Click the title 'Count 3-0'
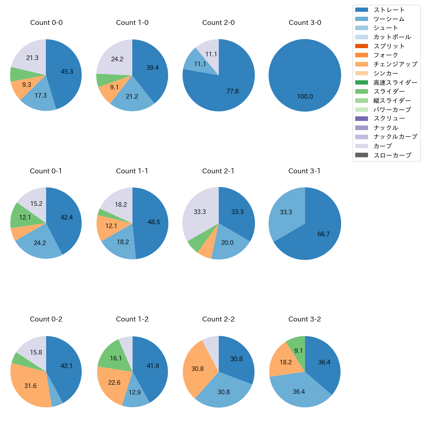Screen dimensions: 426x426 tap(305, 23)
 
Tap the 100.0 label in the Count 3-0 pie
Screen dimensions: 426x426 tap(305, 97)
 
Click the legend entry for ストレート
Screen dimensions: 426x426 tap(389, 10)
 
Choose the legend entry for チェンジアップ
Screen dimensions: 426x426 tap(395, 64)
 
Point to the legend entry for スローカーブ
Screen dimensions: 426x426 tap(392, 155)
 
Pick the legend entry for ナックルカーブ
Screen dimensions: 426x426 tap(395, 137)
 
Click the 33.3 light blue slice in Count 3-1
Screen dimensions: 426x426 tap(286, 212)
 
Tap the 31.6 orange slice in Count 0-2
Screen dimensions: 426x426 tap(30, 386)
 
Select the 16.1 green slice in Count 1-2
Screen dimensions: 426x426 tap(115, 358)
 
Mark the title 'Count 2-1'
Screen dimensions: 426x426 tap(218, 171)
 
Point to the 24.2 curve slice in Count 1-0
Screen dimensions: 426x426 tap(117, 59)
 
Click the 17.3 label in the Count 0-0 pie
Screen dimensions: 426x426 tap(41, 96)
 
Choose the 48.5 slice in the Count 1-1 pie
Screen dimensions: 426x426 tap(153, 222)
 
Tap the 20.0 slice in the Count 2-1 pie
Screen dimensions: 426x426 tap(227, 243)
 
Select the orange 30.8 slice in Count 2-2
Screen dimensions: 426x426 tap(198, 369)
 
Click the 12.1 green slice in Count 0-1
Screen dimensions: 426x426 tap(25, 217)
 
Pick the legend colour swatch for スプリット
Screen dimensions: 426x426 tap(361, 46)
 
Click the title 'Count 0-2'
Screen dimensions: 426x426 tap(46, 319)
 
